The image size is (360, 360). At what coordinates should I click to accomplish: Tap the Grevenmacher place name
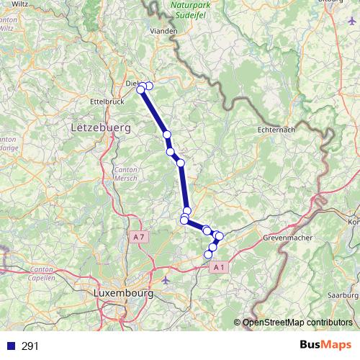[x=287, y=237]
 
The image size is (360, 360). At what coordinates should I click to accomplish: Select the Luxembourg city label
[x=124, y=294]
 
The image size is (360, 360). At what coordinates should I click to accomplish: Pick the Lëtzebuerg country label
[x=101, y=127]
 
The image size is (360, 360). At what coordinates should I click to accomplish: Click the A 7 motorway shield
[x=140, y=236]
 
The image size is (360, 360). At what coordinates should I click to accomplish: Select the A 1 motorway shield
[x=220, y=267]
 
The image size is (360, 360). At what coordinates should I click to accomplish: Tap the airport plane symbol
[x=166, y=279]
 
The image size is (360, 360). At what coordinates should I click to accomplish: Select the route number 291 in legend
[x=30, y=346]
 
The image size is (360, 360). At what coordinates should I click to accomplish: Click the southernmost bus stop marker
[x=209, y=254]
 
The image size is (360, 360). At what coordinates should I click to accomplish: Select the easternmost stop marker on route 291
[x=220, y=236]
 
